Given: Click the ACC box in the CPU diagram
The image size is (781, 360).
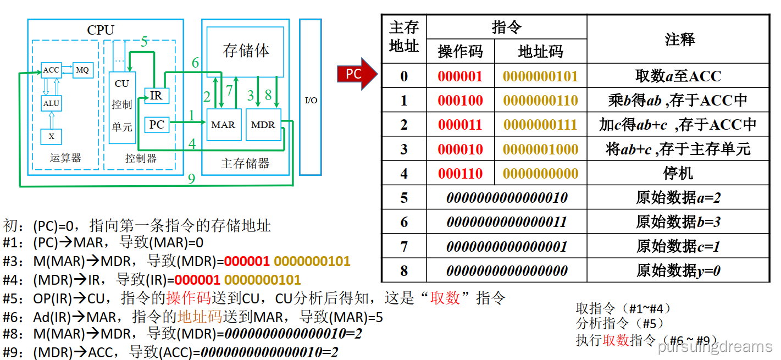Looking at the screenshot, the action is [x=51, y=70].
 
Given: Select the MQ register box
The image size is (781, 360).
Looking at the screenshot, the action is [x=82, y=70].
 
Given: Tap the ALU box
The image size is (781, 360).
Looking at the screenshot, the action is [x=52, y=103].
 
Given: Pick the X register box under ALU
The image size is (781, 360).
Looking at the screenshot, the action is [x=52, y=136].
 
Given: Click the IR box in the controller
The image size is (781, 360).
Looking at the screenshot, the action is [x=156, y=96].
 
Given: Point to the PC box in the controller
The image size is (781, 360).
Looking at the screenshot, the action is [x=156, y=125].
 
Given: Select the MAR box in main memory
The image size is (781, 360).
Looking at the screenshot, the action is [x=223, y=125].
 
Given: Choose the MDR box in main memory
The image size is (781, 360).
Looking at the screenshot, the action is [x=263, y=125].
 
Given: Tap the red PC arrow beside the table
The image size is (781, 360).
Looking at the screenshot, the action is [x=356, y=74].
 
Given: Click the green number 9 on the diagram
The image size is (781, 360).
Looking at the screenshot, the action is [x=191, y=179].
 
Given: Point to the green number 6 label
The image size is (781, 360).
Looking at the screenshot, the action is [x=195, y=63].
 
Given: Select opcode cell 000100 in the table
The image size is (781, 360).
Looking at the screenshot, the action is [x=461, y=101].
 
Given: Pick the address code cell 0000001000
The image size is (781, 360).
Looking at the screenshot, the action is [x=541, y=149].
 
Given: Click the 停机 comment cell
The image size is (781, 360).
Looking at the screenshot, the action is [x=678, y=174].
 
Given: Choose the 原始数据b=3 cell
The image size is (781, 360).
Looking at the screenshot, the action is [x=678, y=222].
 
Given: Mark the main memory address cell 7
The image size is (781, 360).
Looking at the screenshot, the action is [x=404, y=246].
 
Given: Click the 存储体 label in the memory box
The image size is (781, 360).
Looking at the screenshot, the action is [x=246, y=51].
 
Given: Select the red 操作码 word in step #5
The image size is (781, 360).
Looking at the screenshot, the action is [x=189, y=299].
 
